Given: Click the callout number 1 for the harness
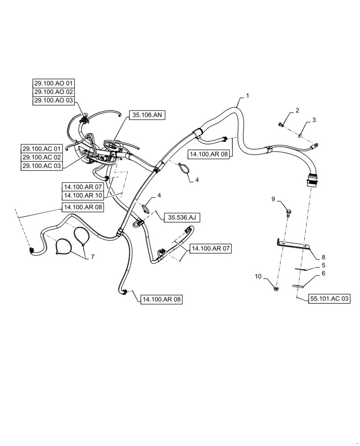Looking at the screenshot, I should (247, 96).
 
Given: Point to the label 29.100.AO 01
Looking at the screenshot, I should (54, 83).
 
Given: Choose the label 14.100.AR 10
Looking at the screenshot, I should (82, 195).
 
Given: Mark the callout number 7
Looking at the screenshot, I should (92, 256).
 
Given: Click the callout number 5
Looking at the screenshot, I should (323, 265).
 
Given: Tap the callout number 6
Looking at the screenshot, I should (323, 273).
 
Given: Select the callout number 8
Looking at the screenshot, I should (323, 257).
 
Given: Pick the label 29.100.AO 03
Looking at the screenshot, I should (54, 101).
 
